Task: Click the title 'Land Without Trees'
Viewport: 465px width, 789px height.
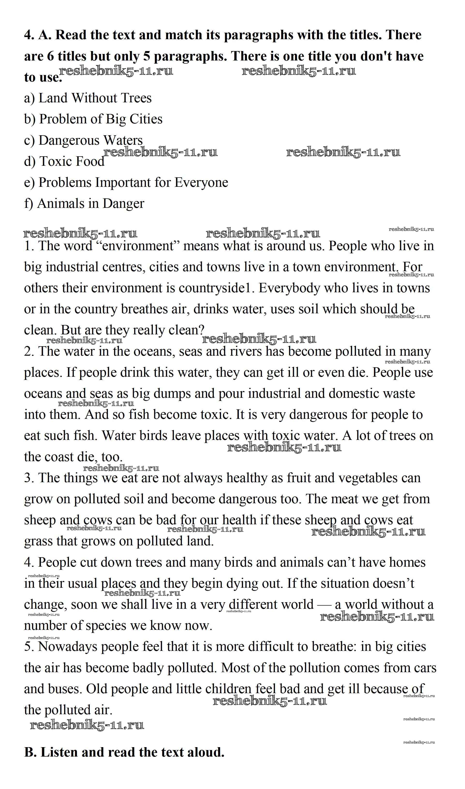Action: coord(95,98)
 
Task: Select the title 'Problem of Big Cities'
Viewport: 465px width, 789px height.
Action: coord(101,119)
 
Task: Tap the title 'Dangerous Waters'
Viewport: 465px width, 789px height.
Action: coord(90,140)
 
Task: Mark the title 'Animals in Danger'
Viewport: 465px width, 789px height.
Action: coord(90,203)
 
